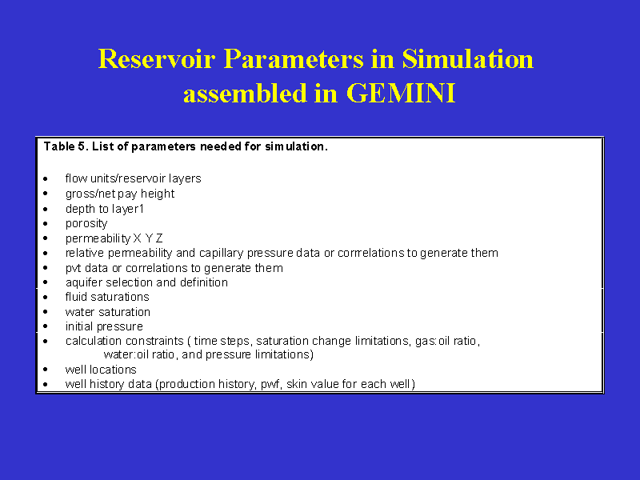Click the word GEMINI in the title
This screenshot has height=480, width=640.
[x=401, y=93]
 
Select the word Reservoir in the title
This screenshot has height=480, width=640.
[x=157, y=58]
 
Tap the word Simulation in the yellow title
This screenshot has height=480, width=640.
[x=468, y=58]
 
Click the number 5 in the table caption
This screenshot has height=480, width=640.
[x=82, y=146]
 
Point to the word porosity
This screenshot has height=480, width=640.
[x=86, y=224]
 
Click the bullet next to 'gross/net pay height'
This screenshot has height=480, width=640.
[x=46, y=194]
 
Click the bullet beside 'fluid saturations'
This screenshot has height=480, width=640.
[x=46, y=297]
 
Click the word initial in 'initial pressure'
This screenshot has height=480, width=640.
[x=79, y=326]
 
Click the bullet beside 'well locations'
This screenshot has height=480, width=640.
[x=46, y=370]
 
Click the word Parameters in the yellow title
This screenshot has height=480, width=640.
[x=294, y=58]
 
